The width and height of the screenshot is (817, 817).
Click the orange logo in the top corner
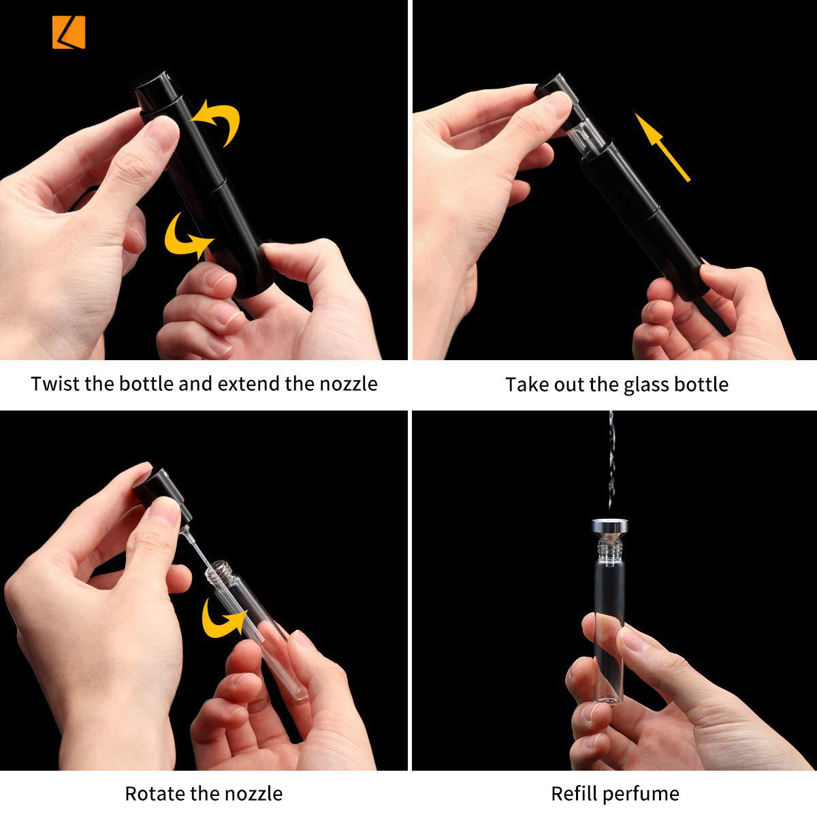(69, 32)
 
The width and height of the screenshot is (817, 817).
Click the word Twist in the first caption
(54, 384)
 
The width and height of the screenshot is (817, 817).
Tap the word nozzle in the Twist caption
(348, 384)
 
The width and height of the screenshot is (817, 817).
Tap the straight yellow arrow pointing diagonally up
(662, 147)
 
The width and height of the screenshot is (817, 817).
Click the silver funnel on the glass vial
(610, 530)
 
